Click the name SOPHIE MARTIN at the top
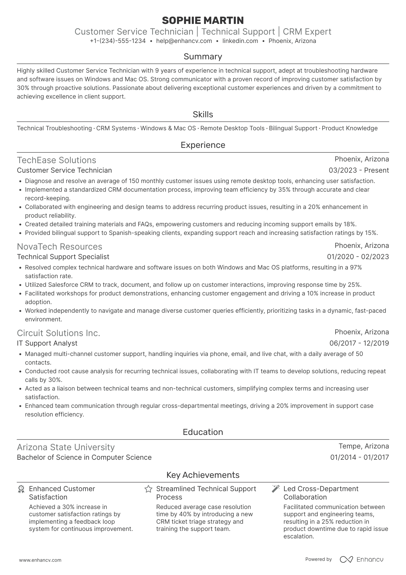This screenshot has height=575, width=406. [x=203, y=20]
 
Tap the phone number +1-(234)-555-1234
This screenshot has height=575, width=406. [x=118, y=41]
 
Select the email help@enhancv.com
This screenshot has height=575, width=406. [x=184, y=41]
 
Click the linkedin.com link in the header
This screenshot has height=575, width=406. [x=240, y=41]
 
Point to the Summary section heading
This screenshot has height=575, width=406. [x=203, y=56]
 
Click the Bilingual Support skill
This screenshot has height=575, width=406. [x=293, y=128]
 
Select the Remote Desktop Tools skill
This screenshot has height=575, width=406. [x=232, y=128]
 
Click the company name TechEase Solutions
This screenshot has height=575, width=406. [x=56, y=160]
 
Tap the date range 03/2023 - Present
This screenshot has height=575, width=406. [x=358, y=170]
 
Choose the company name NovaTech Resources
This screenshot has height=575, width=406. [x=59, y=247]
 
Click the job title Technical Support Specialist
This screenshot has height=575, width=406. [x=63, y=257]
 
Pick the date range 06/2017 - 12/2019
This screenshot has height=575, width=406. [x=359, y=343]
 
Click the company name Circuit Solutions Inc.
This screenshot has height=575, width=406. [x=58, y=333]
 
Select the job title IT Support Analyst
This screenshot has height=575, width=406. [x=47, y=343]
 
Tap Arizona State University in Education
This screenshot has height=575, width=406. [x=66, y=447]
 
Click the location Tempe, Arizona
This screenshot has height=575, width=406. [x=363, y=446]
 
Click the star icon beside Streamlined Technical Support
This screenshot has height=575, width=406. [x=148, y=489]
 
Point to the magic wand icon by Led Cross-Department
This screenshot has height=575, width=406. [x=276, y=489]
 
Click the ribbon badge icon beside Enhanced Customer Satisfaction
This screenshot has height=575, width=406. [x=21, y=489]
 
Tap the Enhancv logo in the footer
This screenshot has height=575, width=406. [x=362, y=559]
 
